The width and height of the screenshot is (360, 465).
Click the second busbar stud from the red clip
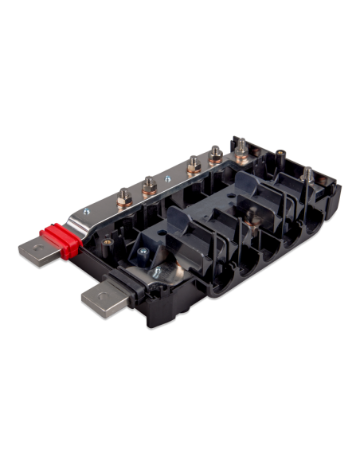coord(149,187)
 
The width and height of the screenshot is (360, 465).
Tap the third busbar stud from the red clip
coord(191,168)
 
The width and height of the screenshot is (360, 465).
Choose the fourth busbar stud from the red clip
coord(216,154)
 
